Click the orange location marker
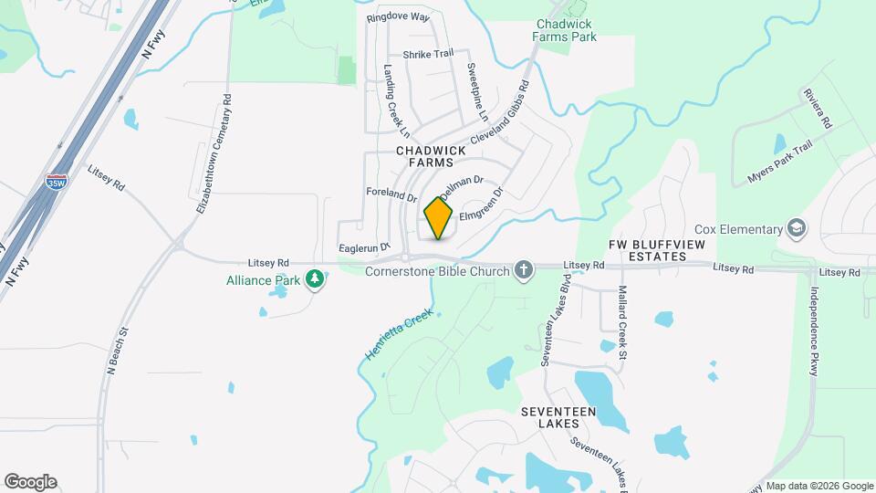click(438, 219)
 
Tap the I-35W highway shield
click(57, 183)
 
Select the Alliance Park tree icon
click(315, 278)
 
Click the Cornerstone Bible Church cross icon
click(523, 269)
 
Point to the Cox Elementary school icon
click(797, 228)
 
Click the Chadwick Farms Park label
click(566, 30)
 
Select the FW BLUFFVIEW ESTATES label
click(647, 251)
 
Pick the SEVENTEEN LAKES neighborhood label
click(558, 417)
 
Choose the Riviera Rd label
click(817, 108)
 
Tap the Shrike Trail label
click(428, 54)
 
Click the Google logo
click(30, 482)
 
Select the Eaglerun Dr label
click(364, 246)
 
